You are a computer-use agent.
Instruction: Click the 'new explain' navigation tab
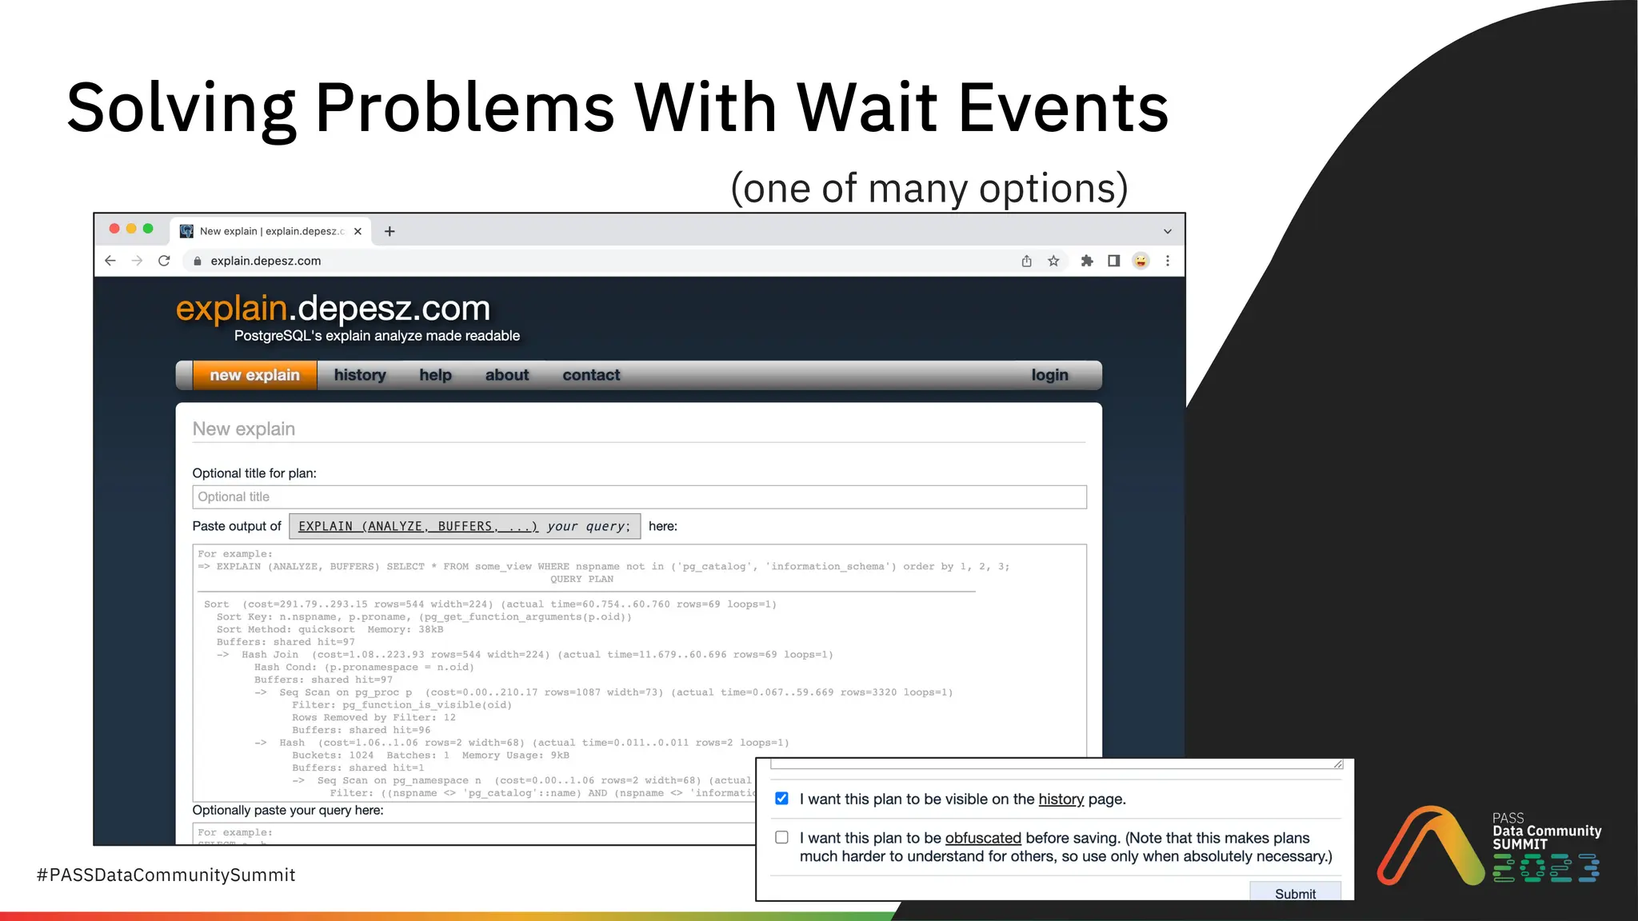pyautogui.click(x=254, y=375)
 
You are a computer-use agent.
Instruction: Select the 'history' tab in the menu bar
pyautogui.click(x=360, y=375)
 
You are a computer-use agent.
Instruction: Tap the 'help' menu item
pyautogui.click(x=435, y=375)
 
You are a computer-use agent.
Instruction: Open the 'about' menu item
pyautogui.click(x=507, y=375)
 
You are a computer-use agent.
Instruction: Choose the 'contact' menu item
pyautogui.click(x=591, y=375)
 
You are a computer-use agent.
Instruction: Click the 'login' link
pyautogui.click(x=1049, y=375)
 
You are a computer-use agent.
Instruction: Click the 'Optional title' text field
pyautogui.click(x=638, y=496)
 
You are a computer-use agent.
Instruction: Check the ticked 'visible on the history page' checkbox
pyautogui.click(x=782, y=799)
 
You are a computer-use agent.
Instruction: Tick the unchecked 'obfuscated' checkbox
pyautogui.click(x=782, y=837)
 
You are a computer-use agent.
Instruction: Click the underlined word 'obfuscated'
pyautogui.click(x=983, y=838)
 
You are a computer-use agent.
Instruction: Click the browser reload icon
pyautogui.click(x=164, y=261)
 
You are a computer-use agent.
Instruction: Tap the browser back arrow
pyautogui.click(x=110, y=261)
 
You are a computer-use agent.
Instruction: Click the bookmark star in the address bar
pyautogui.click(x=1053, y=261)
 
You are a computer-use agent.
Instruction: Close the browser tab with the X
pyautogui.click(x=358, y=231)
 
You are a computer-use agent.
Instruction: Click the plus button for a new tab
pyautogui.click(x=390, y=231)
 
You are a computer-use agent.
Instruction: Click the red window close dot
pyautogui.click(x=114, y=229)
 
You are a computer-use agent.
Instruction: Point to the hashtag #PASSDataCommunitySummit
pyautogui.click(x=166, y=875)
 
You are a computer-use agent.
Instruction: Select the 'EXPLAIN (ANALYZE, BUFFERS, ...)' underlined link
pyautogui.click(x=417, y=526)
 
